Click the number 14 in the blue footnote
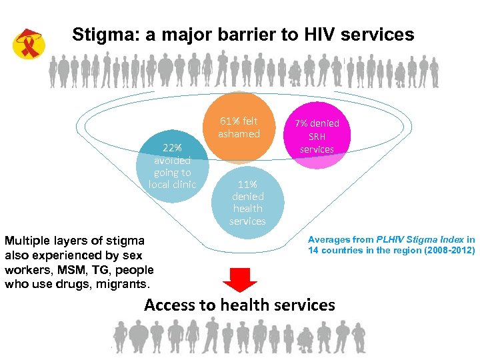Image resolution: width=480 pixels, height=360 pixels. [x=313, y=251]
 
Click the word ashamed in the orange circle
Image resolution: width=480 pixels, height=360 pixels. [x=239, y=134]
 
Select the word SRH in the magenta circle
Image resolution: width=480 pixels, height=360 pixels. [x=317, y=136]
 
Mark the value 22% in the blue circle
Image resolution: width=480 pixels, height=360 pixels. [x=173, y=147]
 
